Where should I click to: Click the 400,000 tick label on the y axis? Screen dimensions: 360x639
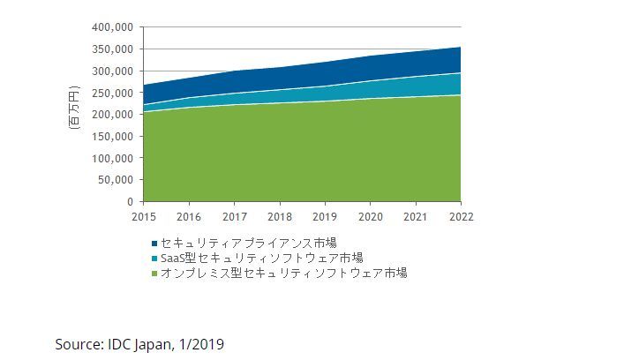(113, 27)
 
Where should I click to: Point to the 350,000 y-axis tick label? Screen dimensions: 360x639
(113, 49)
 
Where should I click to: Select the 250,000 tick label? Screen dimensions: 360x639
(113, 93)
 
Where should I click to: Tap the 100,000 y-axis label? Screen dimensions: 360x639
(113, 158)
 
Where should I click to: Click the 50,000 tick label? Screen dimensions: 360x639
(116, 180)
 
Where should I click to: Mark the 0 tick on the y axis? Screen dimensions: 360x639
(129, 202)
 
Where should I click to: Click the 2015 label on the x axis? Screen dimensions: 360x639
(143, 215)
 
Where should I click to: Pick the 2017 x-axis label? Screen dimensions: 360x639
(234, 215)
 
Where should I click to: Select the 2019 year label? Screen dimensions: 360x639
(325, 215)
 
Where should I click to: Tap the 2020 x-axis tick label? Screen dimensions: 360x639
(370, 215)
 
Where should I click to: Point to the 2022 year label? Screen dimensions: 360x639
(460, 215)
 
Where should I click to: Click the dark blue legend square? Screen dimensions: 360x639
(155, 242)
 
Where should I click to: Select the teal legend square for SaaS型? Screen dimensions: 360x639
(155, 258)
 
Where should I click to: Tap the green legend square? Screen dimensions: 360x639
(155, 274)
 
